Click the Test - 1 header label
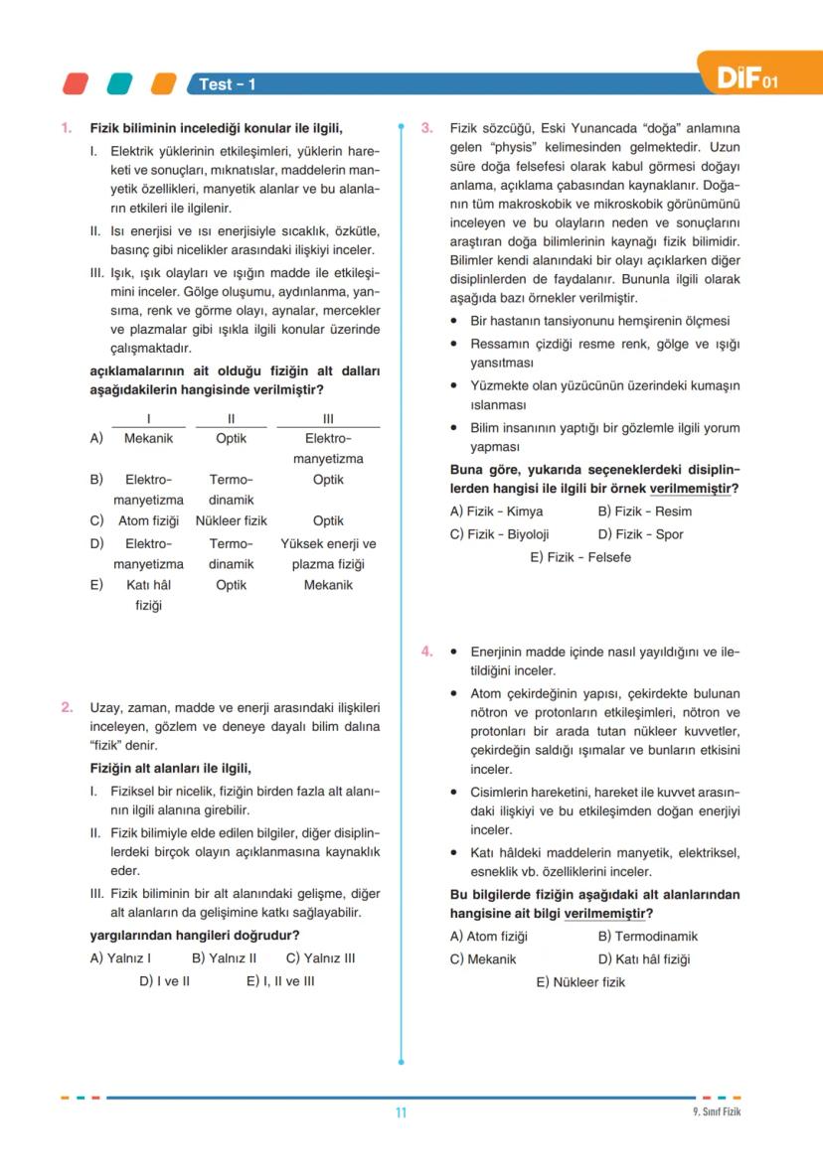(x=228, y=84)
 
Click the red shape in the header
(x=77, y=83)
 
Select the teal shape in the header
(x=120, y=83)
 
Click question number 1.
(x=67, y=128)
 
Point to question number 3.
(x=426, y=128)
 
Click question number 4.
(x=426, y=652)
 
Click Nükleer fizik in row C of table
(x=231, y=520)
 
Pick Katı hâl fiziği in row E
(x=148, y=595)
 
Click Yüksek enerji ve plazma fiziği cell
(x=328, y=554)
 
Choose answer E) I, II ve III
(x=280, y=981)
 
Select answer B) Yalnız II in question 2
(x=225, y=958)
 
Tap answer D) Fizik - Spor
(x=641, y=534)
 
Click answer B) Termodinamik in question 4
(x=648, y=936)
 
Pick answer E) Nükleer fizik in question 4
(x=580, y=982)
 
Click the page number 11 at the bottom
(x=401, y=1112)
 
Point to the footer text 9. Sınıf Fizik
(x=717, y=1111)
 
